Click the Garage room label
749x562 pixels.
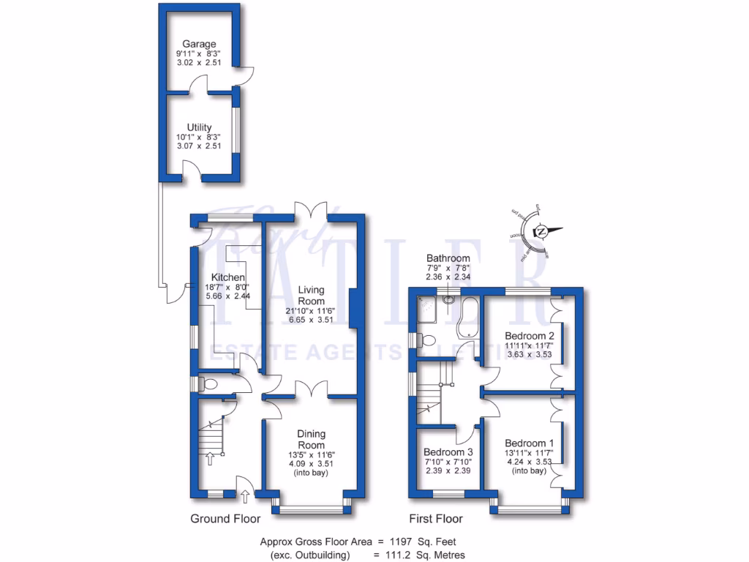199,45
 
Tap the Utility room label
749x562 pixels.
199,127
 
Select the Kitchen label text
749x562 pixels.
227,277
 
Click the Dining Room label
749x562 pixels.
311,439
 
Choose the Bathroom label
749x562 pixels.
448,258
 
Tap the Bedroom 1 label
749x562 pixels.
529,443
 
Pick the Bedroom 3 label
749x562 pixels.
448,452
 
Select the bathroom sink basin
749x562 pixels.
448,298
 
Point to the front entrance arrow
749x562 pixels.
244,497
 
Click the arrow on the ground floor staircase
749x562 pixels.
211,459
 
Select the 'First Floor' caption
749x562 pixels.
437,519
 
